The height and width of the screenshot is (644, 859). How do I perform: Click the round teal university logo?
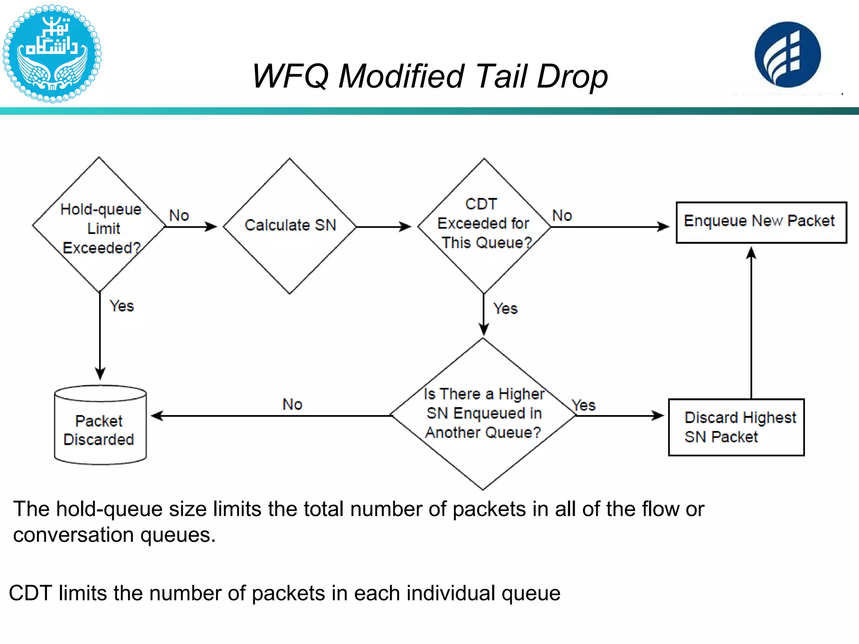point(52,54)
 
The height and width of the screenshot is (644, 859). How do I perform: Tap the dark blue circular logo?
point(787,55)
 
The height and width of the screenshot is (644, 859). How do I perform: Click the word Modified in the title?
point(401,76)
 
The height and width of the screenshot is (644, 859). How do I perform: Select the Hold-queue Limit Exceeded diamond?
point(99,226)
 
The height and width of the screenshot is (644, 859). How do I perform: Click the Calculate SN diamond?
point(289,226)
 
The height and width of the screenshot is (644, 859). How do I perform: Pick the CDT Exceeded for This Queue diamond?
point(484,226)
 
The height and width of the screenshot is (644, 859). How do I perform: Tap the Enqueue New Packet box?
point(761,222)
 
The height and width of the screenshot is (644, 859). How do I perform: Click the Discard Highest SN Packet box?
point(736,427)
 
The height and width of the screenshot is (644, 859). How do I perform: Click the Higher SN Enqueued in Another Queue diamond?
point(483,413)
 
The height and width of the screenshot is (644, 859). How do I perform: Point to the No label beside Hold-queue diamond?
point(179,216)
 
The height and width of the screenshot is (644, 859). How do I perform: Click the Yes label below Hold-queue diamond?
point(122,306)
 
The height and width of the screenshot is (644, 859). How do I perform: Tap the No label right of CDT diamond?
point(562,216)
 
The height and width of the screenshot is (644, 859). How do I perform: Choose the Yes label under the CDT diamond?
point(505,309)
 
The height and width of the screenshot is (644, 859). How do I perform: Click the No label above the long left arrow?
point(292,405)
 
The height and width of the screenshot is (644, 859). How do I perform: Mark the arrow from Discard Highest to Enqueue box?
point(751,323)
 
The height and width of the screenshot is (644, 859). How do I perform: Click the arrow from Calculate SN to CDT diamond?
point(384,227)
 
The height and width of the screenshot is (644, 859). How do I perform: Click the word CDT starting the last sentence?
point(30,593)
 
